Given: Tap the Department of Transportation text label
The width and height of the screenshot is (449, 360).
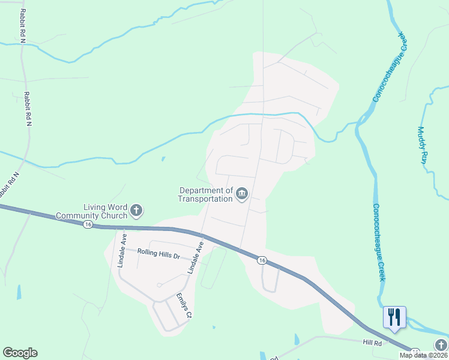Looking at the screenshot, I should [x=206, y=194].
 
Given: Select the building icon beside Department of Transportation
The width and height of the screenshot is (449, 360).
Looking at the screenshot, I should [x=242, y=193].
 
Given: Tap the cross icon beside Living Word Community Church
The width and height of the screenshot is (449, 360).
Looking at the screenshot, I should [x=137, y=210].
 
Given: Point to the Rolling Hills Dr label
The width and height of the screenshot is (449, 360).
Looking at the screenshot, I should [x=158, y=254].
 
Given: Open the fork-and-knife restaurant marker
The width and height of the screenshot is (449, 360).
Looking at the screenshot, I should [x=394, y=316].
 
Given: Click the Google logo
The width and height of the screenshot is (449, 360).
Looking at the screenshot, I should [x=20, y=353].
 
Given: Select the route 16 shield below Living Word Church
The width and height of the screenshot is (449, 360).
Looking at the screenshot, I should [x=88, y=224].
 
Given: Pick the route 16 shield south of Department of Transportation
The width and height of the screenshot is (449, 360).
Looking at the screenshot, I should [x=262, y=260].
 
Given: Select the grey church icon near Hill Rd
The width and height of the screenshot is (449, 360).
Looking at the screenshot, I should [x=441, y=344].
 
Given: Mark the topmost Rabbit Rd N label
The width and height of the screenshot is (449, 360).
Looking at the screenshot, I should [x=23, y=26].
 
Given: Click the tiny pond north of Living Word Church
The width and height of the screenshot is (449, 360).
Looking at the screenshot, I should [x=163, y=160].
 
